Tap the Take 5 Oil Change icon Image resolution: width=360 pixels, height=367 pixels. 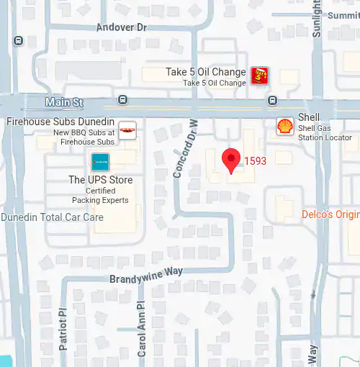click(x=259, y=75)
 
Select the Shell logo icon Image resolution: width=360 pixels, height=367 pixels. click(x=285, y=126)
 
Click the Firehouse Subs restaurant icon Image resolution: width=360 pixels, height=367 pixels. click(x=127, y=130)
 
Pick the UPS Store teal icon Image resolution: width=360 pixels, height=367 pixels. click(x=100, y=162)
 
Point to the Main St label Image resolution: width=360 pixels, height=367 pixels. click(x=63, y=102)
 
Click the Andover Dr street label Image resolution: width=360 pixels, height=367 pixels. click(x=121, y=27)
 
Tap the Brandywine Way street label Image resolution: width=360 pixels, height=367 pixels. click(x=146, y=274)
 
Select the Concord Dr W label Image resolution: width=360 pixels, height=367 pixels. click(x=185, y=149)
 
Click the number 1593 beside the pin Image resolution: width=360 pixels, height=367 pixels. click(x=255, y=160)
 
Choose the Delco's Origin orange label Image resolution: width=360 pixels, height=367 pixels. click(x=330, y=214)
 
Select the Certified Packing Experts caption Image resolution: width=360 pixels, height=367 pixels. click(x=100, y=196)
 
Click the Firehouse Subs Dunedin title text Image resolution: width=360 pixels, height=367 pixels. click(x=60, y=121)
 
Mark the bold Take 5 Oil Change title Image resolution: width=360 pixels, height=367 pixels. click(x=205, y=72)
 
